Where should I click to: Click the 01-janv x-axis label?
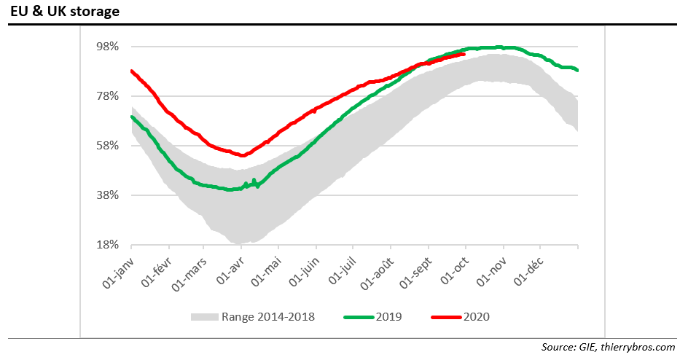[116, 270]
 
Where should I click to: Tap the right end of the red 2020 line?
[464, 53]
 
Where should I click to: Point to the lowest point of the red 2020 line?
[242, 155]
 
